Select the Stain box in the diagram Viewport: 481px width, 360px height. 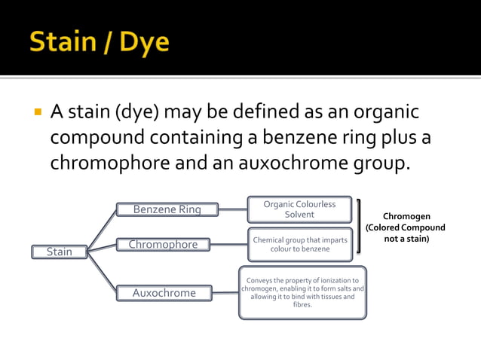click(x=60, y=252)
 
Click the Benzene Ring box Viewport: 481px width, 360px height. click(x=167, y=209)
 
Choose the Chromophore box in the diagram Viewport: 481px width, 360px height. click(x=163, y=244)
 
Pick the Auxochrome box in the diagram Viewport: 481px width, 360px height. click(x=164, y=293)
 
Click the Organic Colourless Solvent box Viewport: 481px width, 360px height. click(x=299, y=209)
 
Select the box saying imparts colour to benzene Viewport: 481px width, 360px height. click(x=299, y=244)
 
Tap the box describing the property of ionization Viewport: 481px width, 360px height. click(x=302, y=292)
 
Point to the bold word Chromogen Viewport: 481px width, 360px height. click(x=406, y=216)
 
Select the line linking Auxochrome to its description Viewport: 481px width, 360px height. click(x=225, y=292)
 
